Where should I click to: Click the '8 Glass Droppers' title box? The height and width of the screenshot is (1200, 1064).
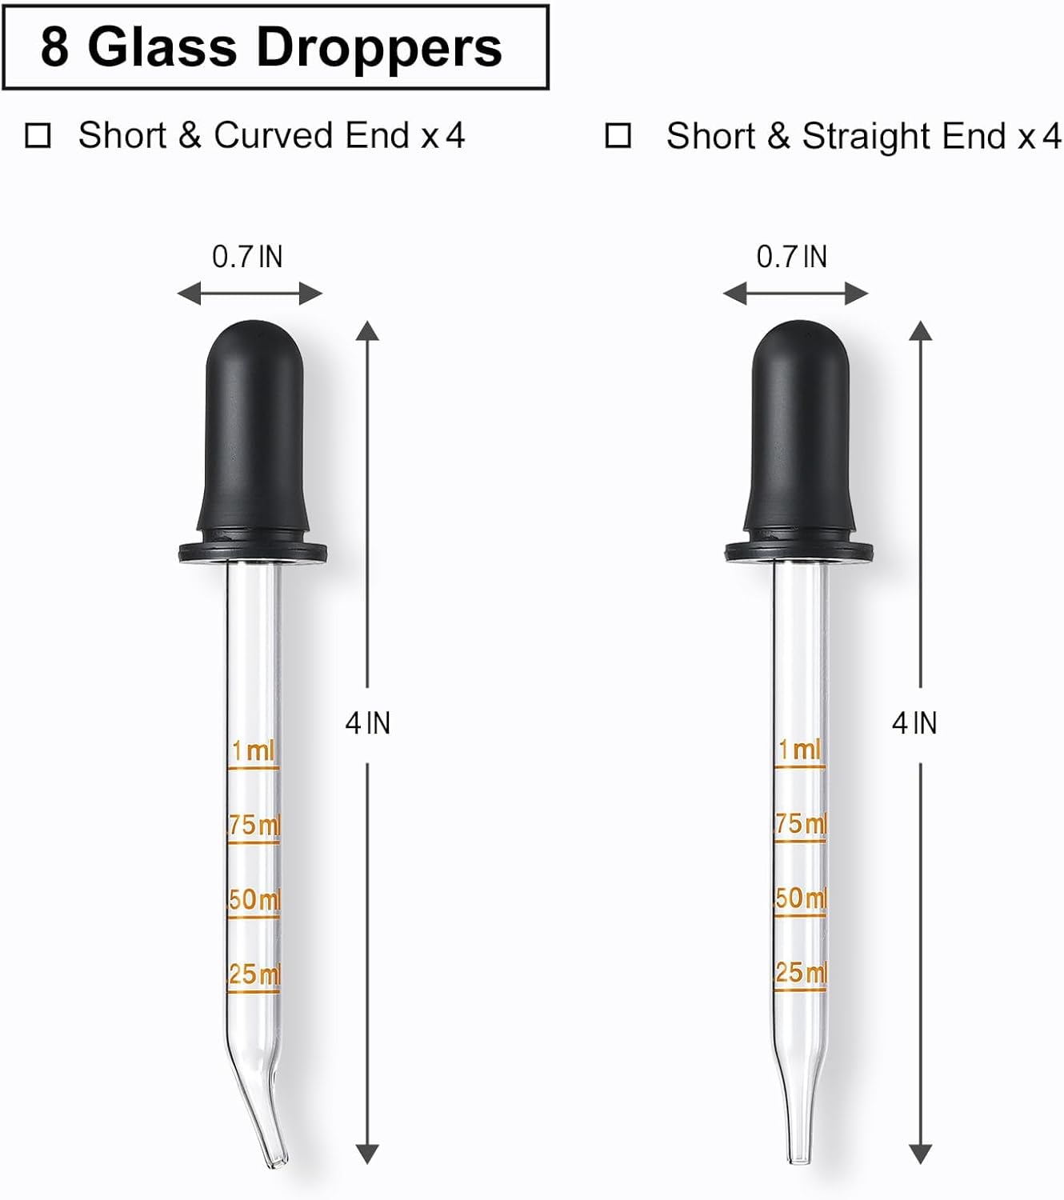pos(274,47)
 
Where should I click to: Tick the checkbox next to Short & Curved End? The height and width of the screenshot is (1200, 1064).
pos(38,136)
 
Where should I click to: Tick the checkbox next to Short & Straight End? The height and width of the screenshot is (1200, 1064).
pos(618,136)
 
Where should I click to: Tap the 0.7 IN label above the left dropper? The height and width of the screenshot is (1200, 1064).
pos(247,257)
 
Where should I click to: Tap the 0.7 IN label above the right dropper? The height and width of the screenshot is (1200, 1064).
pos(792,257)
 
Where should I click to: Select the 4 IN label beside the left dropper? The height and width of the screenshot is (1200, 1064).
pos(367,723)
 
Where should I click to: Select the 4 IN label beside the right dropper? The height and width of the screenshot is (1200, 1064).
pos(914,723)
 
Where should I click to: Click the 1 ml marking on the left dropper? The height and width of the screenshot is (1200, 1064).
pos(253,751)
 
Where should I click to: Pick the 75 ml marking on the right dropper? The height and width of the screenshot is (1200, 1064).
pos(801,823)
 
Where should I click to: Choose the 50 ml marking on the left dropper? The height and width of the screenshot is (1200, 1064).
pos(254,899)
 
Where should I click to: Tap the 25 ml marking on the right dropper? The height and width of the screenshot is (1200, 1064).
pos(801,973)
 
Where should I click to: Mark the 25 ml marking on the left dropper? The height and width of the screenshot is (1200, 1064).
pos(254,974)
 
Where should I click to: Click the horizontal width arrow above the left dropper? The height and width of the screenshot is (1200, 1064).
pos(250,294)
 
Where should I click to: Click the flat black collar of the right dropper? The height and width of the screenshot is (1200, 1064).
pos(798,550)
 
